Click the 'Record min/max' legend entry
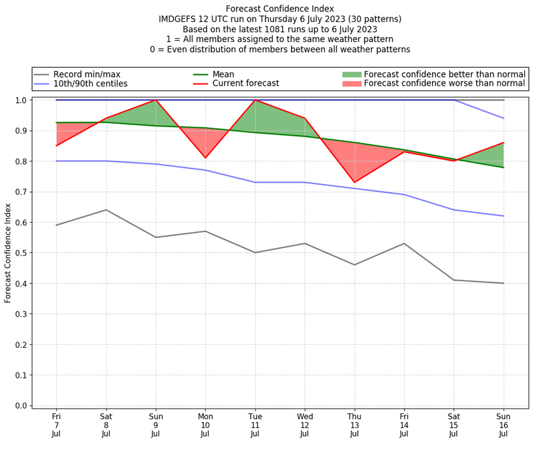(86, 74)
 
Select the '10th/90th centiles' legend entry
(90, 84)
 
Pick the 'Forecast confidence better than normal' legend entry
(445, 74)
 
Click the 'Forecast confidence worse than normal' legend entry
(445, 84)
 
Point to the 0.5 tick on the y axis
(26, 253)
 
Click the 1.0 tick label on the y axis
(20, 100)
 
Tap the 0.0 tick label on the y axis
(20, 406)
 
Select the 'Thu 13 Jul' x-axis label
(354, 425)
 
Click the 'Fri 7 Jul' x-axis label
(56, 425)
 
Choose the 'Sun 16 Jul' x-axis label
(504, 425)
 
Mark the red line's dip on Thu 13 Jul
(354, 183)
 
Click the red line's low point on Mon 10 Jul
(205, 158)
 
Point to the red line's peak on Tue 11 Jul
(255, 100)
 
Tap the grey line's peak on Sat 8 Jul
(106, 210)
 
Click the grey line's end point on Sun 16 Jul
(504, 284)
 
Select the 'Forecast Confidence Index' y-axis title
(8, 253)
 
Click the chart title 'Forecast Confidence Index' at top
(280, 9)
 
